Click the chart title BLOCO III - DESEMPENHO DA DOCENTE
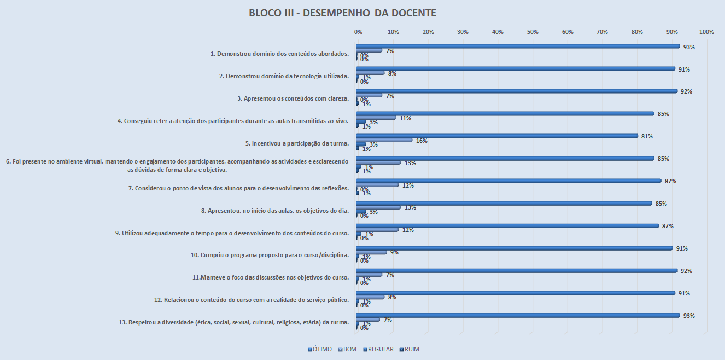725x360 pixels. [342, 13]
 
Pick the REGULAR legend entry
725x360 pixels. [379, 349]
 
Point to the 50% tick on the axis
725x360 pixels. [533, 32]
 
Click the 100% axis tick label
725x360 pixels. [706, 32]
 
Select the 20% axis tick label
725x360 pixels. [428, 32]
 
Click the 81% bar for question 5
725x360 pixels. [497, 136]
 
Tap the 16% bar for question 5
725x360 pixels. [384, 140]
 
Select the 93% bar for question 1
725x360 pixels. [518, 47]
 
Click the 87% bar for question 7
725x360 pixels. [508, 181]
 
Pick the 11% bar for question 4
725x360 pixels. [376, 118]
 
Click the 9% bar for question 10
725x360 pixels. [372, 252]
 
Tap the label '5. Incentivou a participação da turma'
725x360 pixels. [297, 144]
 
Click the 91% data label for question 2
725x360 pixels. [683, 69]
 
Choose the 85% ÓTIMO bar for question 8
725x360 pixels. [504, 204]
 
